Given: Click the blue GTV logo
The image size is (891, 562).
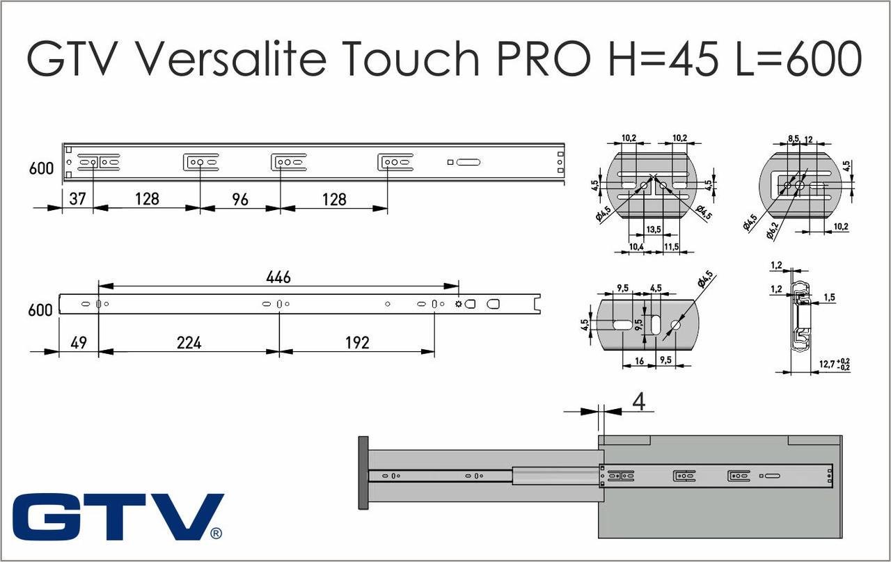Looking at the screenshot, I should pyautogui.click(x=117, y=517).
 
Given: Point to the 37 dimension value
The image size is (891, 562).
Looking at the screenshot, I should pyautogui.click(x=77, y=199).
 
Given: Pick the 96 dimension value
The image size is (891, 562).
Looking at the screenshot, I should pyautogui.click(x=239, y=199).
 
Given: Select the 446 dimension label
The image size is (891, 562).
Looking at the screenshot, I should pyautogui.click(x=278, y=277).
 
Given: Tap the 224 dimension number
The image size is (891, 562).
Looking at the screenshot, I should pyautogui.click(x=189, y=343).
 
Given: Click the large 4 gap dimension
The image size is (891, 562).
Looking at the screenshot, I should pyautogui.click(x=638, y=402).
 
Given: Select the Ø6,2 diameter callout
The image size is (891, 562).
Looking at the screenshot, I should pyautogui.click(x=772, y=232).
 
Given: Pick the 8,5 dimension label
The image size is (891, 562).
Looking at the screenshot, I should pyautogui.click(x=792, y=139).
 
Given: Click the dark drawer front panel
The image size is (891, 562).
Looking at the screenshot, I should pyautogui.click(x=363, y=473).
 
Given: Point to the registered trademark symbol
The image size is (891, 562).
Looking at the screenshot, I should pyautogui.click(x=216, y=533).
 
